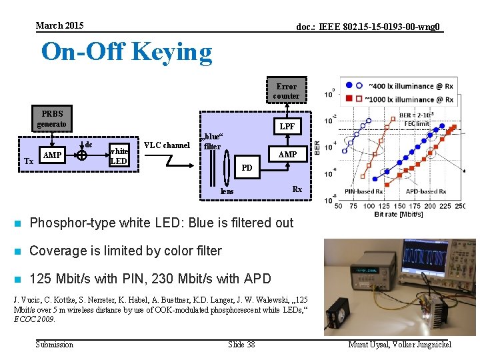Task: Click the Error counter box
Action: coord(286,91)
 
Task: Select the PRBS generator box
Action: coord(51,119)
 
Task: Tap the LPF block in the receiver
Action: coord(287,126)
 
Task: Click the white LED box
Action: coord(119,155)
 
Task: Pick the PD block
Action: coord(247,167)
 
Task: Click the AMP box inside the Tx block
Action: coord(51,155)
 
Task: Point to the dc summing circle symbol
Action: coord(81,155)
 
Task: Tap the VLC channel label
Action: coord(167,145)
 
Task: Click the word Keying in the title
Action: coord(171,51)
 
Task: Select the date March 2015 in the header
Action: coord(59,25)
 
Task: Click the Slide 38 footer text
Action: coord(241,344)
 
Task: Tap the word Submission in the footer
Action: coord(54,344)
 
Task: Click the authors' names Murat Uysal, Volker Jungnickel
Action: coord(399,344)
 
